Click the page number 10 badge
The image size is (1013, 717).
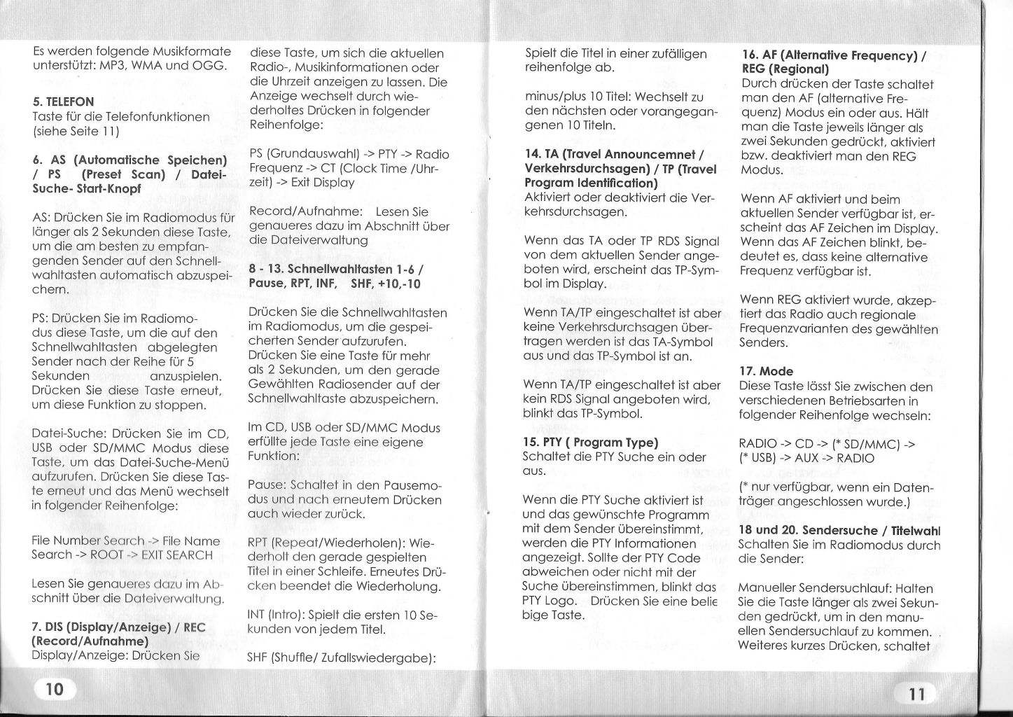pyautogui.click(x=54, y=689)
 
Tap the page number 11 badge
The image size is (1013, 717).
pyautogui.click(x=916, y=693)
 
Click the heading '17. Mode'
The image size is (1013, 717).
pyautogui.click(x=766, y=371)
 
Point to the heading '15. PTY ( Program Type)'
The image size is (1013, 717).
pyautogui.click(x=591, y=442)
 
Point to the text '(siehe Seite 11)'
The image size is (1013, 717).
pyautogui.click(x=76, y=131)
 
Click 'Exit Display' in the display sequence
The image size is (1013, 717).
pyautogui.click(x=322, y=183)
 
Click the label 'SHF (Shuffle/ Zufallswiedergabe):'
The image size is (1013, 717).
pyautogui.click(x=342, y=658)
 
